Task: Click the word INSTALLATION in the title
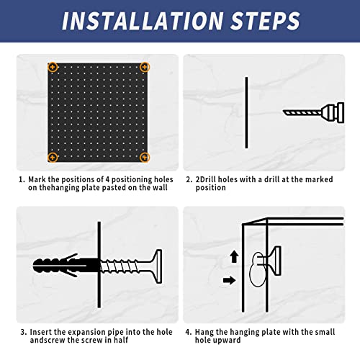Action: point(143,20)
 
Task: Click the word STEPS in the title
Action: point(266,20)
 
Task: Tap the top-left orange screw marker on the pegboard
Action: point(53,67)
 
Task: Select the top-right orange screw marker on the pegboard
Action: point(145,67)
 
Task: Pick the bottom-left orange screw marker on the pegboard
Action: point(53,158)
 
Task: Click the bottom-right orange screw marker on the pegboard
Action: point(145,158)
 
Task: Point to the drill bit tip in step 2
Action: point(284,111)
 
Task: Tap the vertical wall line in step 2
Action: point(246,112)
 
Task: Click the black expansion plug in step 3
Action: point(66,266)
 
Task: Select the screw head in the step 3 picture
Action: point(156,266)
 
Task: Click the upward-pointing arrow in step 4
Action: point(234,256)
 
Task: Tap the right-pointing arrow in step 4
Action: point(229,280)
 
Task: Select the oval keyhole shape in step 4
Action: point(258,269)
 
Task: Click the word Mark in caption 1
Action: point(37,179)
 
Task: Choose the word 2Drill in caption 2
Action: point(206,179)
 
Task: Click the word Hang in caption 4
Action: point(204,332)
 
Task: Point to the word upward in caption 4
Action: point(230,341)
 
